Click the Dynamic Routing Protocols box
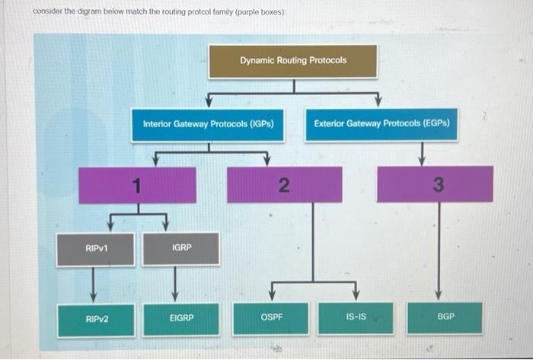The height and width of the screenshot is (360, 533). point(293,61)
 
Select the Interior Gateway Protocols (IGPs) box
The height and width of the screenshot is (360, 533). point(208,124)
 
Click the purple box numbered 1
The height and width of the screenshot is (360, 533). point(137,185)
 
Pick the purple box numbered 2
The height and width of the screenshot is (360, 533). point(284,185)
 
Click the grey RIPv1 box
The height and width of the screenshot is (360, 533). point(96,249)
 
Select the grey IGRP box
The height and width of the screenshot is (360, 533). point(181,249)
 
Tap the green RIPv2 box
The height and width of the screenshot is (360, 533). point(96,318)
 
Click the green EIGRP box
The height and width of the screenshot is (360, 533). point(181,318)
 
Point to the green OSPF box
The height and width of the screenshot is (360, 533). point(271,317)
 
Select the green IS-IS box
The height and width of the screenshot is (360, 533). point(356,317)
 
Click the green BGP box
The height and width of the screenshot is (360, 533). point(445,317)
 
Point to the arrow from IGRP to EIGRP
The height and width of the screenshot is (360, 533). point(176,284)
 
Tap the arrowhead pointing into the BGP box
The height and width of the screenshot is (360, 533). point(437,296)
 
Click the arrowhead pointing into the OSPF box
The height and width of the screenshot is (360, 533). point(271,296)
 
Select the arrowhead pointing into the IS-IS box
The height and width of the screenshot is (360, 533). point(356,296)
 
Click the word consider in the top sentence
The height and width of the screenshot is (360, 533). point(47,12)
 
